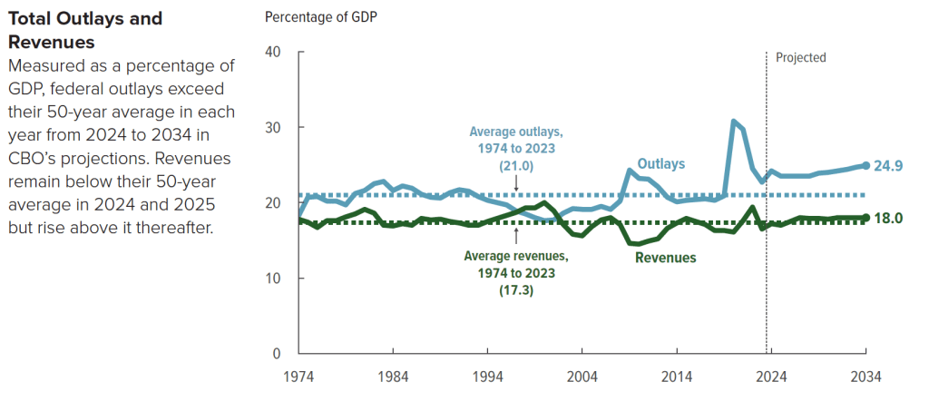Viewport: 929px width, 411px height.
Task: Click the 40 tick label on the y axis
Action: point(272,52)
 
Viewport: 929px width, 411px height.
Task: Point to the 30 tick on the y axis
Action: point(272,127)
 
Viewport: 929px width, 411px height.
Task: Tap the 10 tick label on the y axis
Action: point(272,278)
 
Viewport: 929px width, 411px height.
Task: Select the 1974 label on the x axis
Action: point(298,376)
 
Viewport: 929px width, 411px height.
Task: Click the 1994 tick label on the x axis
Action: point(487,376)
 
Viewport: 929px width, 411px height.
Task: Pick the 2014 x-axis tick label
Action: point(677,376)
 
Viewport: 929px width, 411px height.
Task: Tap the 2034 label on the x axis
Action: point(865,376)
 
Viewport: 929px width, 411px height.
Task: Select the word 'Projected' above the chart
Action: point(800,57)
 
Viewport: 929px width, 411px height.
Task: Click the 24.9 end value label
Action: point(890,166)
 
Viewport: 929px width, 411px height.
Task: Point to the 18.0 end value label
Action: point(890,218)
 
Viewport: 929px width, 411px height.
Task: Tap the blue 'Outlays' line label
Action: point(660,163)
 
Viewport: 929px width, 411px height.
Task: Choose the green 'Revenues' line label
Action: point(665,258)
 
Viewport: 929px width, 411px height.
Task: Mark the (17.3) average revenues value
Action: point(515,289)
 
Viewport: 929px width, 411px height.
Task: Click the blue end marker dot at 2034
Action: point(865,166)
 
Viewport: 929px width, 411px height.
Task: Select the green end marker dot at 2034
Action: point(865,218)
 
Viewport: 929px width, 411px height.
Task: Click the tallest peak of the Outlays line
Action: point(734,122)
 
